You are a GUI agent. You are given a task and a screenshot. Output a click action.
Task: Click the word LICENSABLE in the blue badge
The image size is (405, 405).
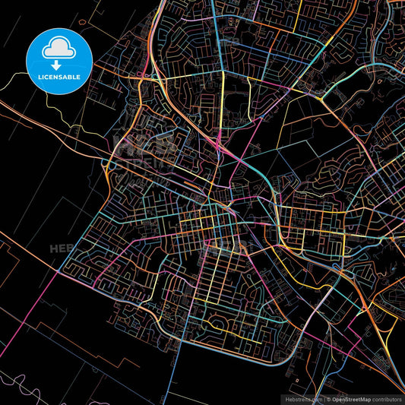pyautogui.click(x=59, y=77)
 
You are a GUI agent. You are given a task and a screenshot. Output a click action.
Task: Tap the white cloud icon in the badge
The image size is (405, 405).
pyautogui.click(x=59, y=49)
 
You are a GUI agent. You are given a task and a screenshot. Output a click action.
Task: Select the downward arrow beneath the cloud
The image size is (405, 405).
pyautogui.click(x=59, y=58)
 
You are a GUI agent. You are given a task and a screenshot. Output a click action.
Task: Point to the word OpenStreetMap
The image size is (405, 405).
pyautogui.click(x=352, y=398)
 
